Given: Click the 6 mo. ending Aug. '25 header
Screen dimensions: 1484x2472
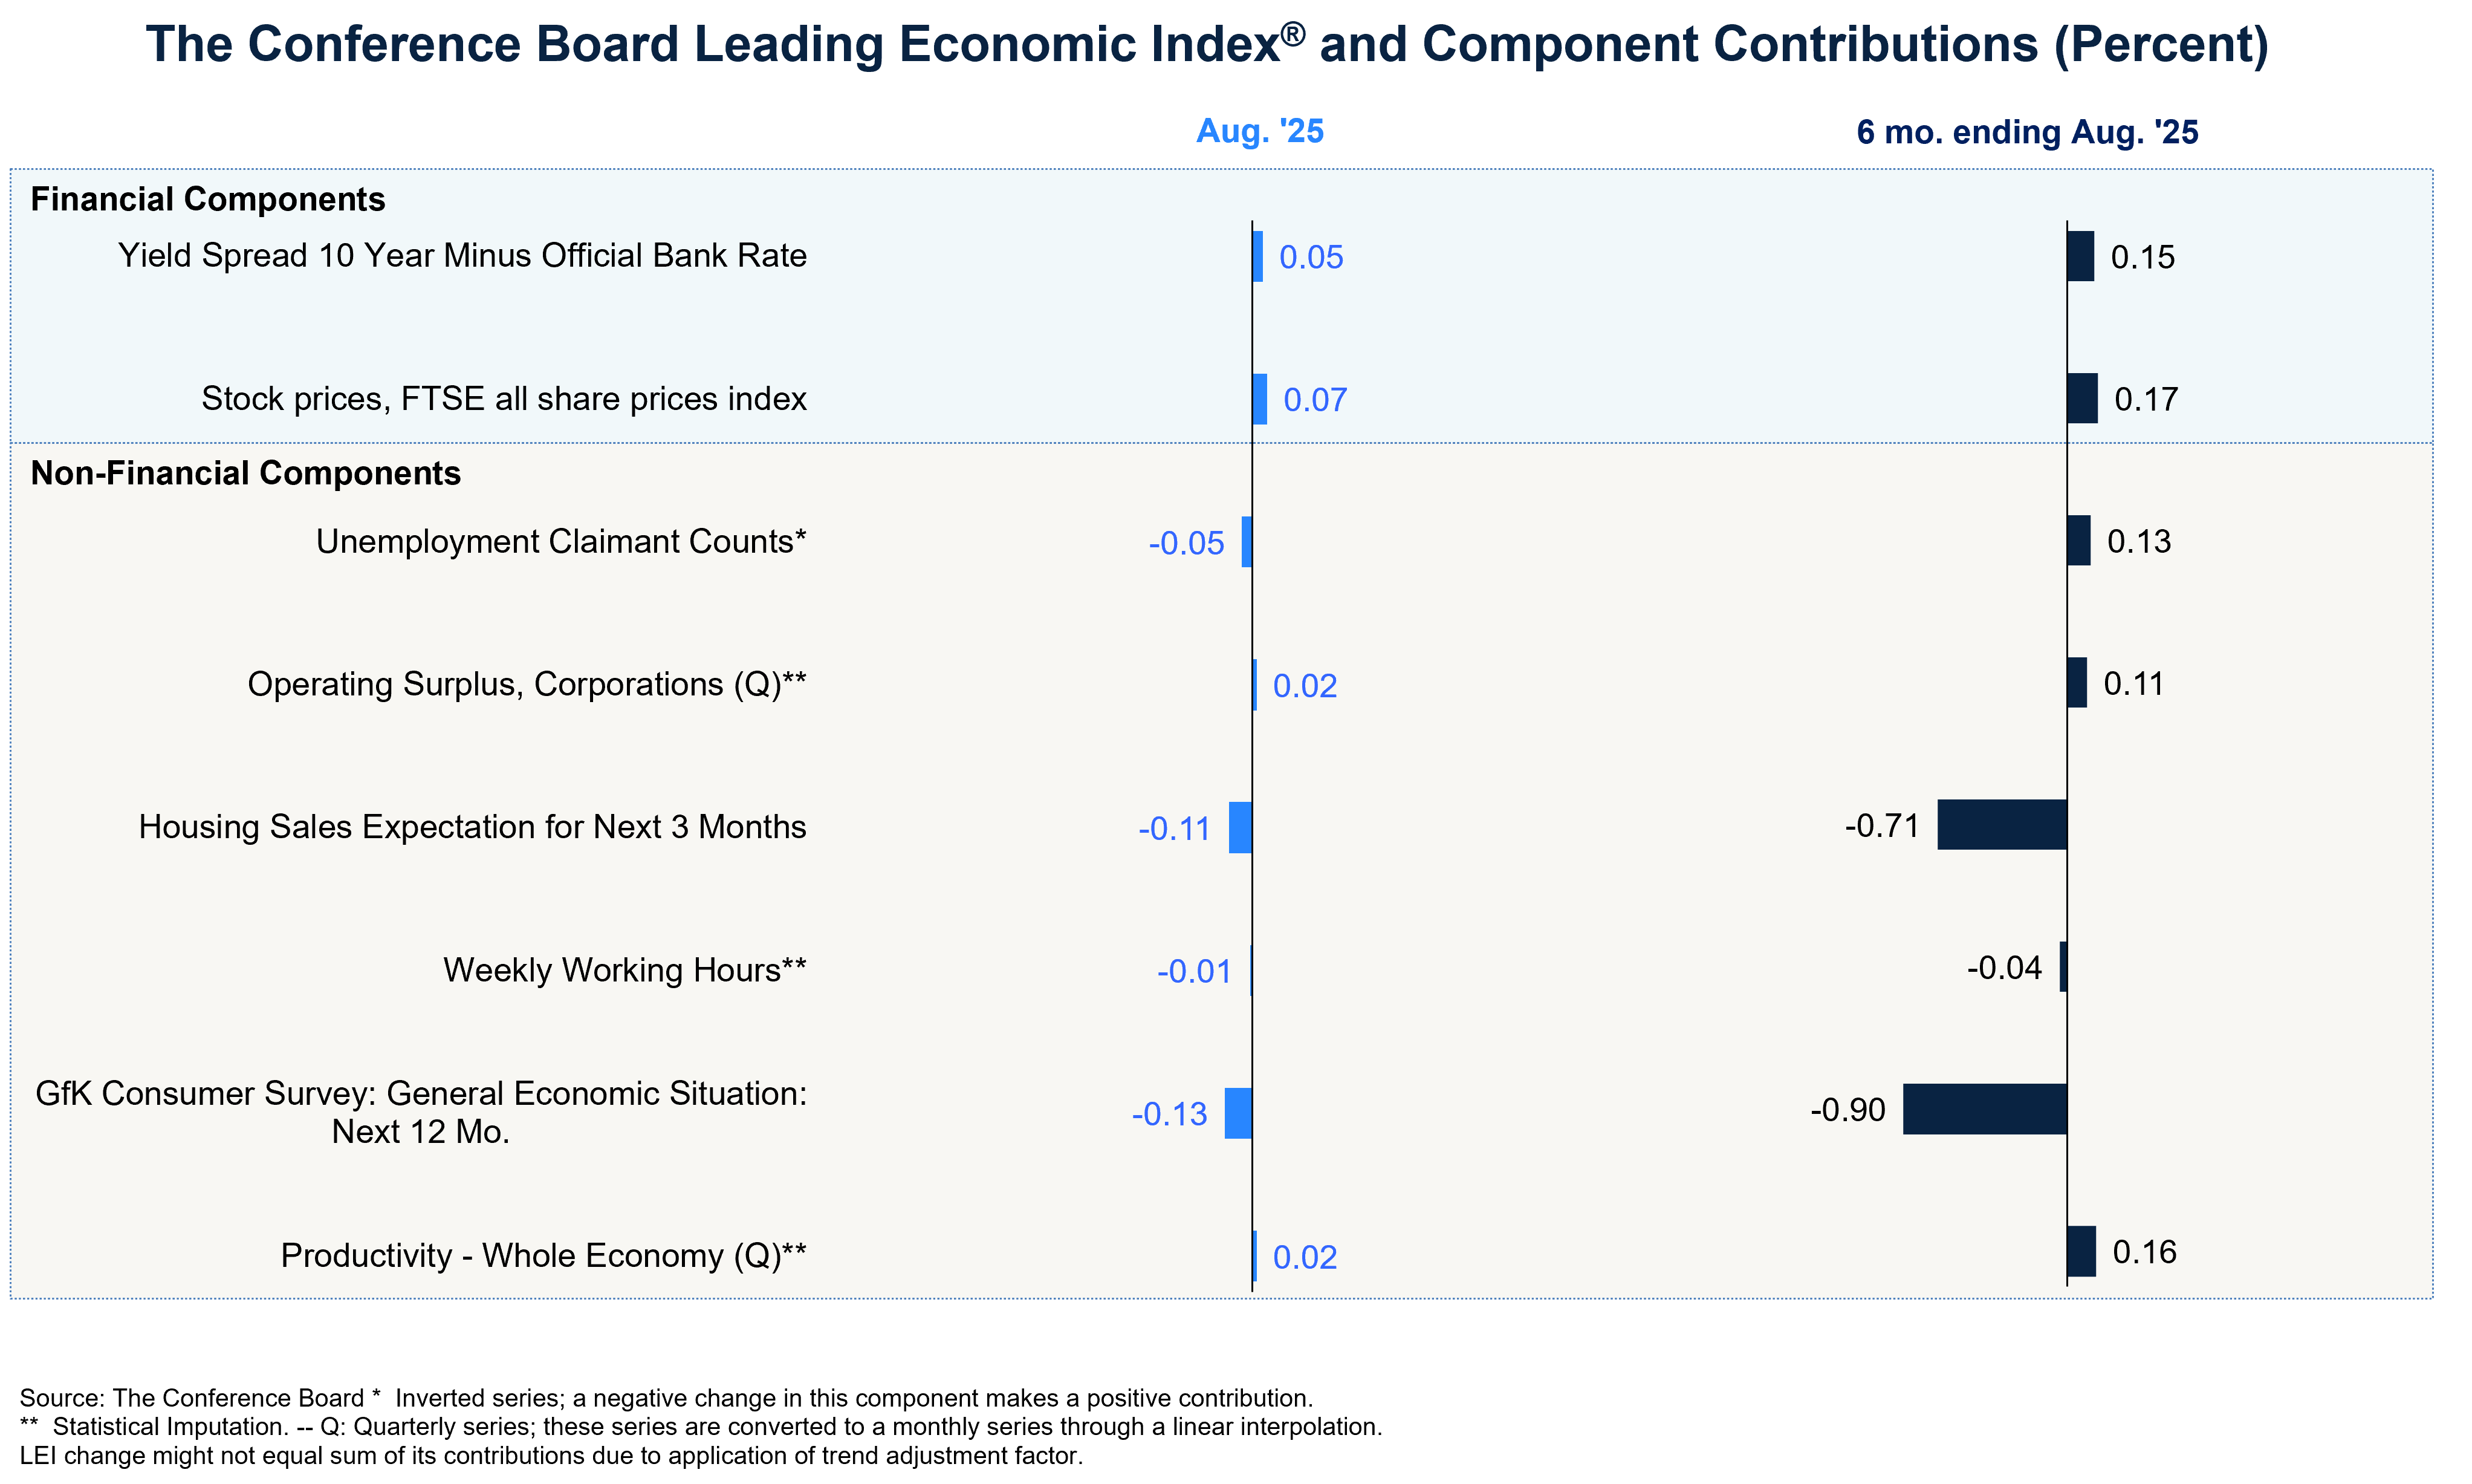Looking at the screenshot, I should [x=2027, y=132].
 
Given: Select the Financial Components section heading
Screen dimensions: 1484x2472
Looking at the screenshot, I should [x=208, y=199].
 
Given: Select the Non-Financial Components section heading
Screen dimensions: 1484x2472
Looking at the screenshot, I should [x=246, y=473].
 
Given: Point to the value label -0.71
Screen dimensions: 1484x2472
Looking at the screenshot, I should [x=1882, y=826].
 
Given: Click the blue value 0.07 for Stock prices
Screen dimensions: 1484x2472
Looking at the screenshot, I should [x=1315, y=400].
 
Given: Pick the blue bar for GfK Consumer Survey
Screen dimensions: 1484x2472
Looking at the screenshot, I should [x=1239, y=1113].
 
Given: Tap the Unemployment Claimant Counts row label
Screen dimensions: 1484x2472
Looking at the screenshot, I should [x=561, y=541].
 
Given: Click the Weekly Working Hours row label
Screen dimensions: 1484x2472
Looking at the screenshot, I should [x=624, y=970].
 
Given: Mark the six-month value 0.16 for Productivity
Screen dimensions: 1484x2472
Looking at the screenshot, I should [x=2144, y=1252].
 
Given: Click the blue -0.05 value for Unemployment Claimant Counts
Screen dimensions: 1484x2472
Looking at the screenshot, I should [x=1187, y=543].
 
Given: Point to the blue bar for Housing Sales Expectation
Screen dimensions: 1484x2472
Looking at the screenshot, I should [x=1241, y=828].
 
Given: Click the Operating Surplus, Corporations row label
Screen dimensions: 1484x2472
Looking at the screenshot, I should [x=527, y=684].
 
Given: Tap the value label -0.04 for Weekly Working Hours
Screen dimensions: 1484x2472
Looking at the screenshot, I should [x=2004, y=968].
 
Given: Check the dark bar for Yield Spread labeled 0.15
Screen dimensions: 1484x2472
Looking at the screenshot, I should [x=2080, y=256].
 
